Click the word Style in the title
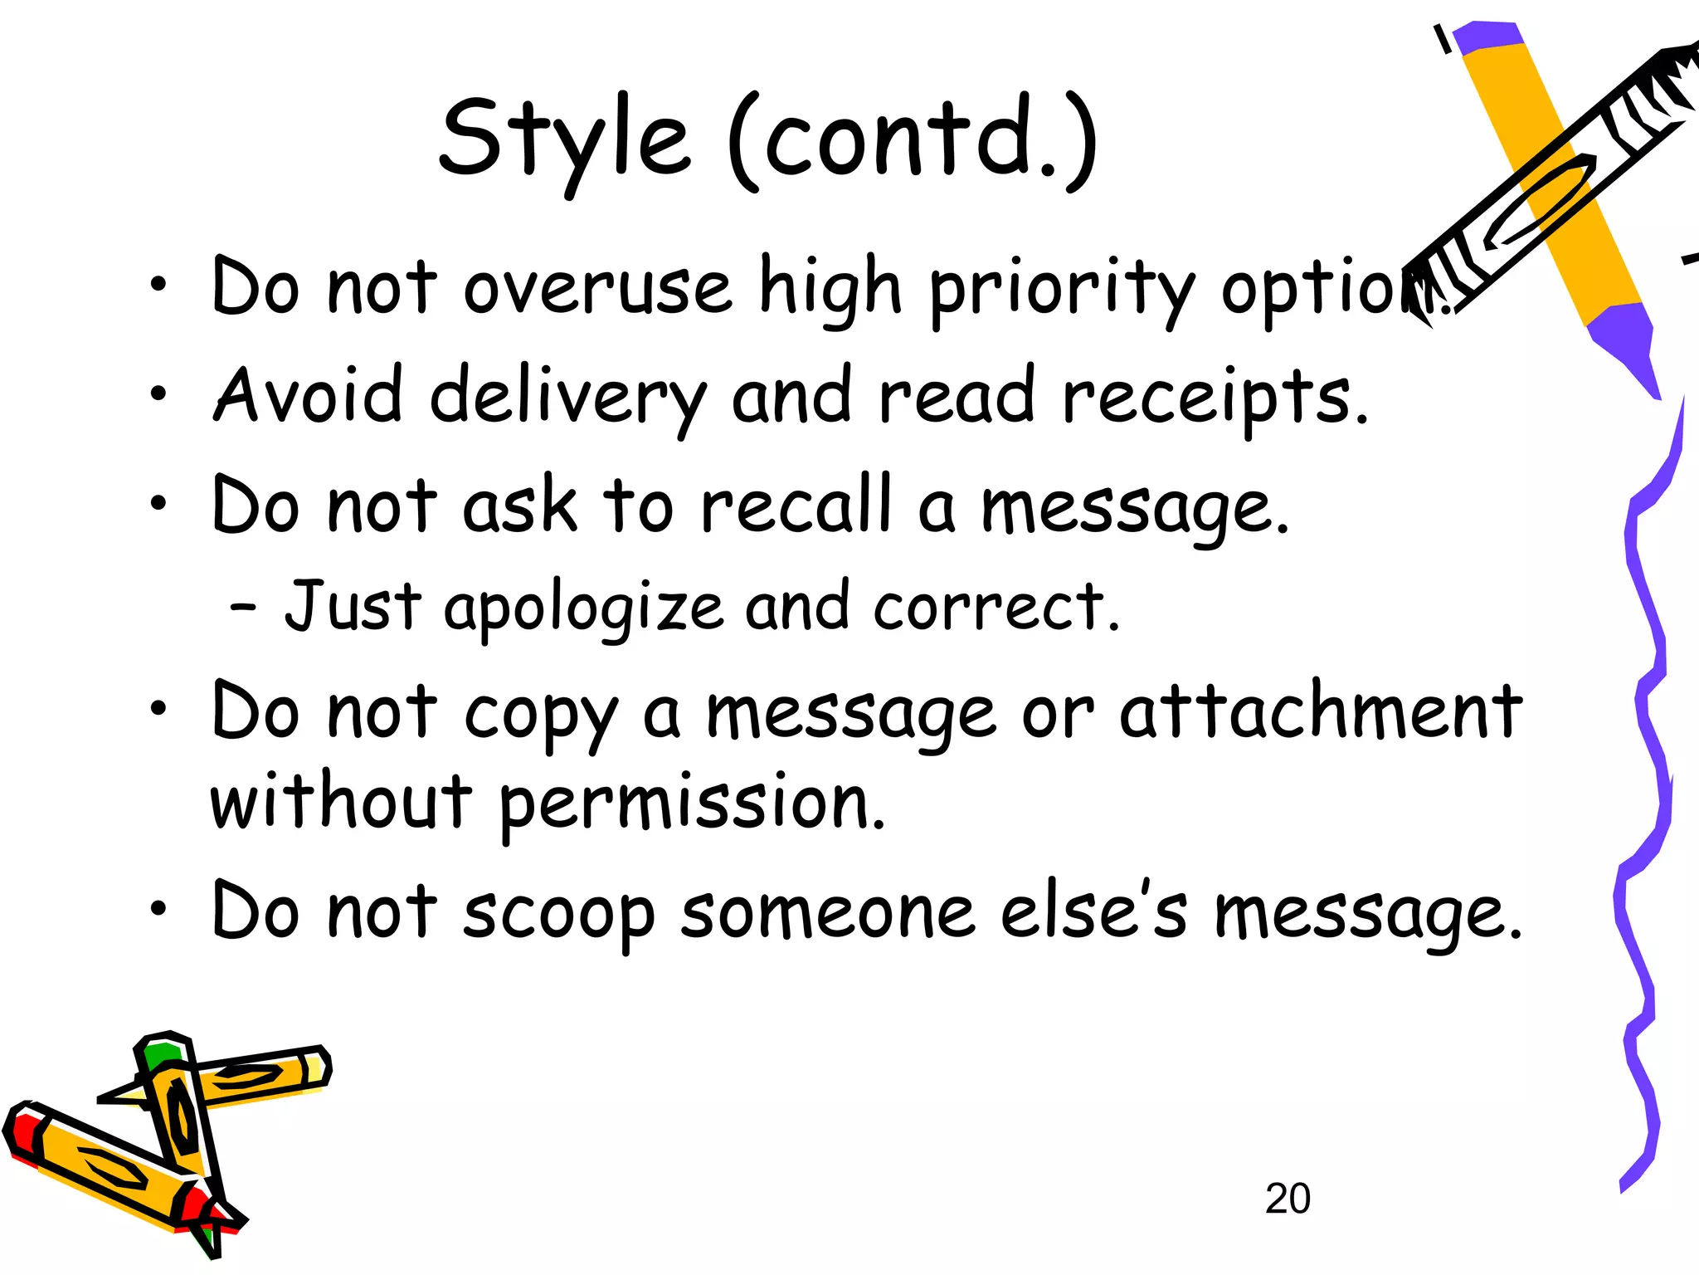(564, 139)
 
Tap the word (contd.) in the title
(913, 139)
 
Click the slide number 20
(1288, 1199)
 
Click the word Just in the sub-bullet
(353, 606)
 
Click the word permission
(693, 804)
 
